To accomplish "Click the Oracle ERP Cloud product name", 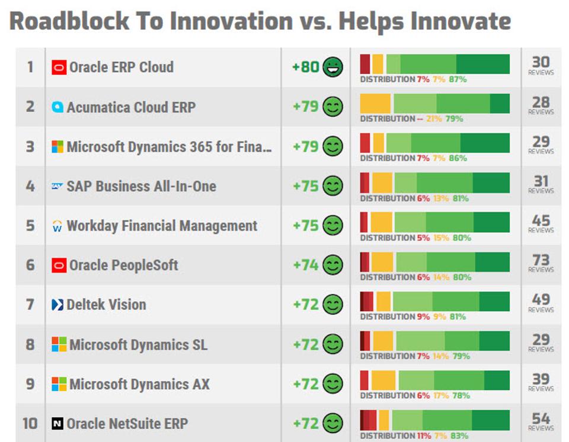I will pos(122,67).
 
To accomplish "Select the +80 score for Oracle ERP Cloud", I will pos(306,67).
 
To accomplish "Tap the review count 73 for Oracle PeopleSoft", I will pos(541,261).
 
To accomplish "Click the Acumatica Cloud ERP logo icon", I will pos(57,107).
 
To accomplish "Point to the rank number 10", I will pos(30,424).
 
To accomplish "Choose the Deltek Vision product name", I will pos(106,305).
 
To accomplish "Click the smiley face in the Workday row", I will pos(333,226).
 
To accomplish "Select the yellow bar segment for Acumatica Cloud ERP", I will pos(375,103).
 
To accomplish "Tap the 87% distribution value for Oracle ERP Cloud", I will pos(457,79).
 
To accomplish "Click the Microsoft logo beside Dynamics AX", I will pos(59,384).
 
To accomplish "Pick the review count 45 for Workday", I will pos(541,221).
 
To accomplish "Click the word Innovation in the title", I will pos(231,22).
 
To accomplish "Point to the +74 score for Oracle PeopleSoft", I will pos(306,265).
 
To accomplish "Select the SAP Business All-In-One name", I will pos(141,186).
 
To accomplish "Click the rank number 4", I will pos(30,186).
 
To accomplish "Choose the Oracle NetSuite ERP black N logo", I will pos(57,424).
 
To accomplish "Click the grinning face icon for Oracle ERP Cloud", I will pos(333,67).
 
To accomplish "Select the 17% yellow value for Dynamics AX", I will pos(442,396).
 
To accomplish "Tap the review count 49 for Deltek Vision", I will pos(541,300).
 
